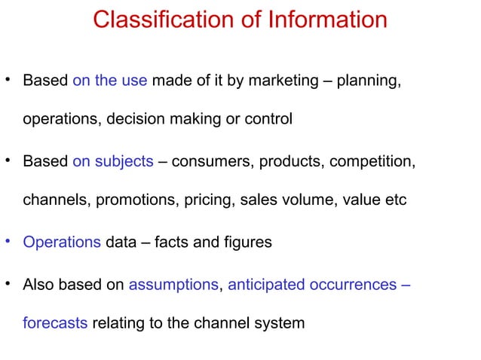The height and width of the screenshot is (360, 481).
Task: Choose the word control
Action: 269,119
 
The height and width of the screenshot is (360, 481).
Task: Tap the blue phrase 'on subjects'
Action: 113,161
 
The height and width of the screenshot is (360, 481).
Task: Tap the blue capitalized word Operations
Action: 62,243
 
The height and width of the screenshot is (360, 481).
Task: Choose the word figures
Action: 244,243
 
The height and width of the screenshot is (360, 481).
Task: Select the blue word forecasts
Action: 55,324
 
